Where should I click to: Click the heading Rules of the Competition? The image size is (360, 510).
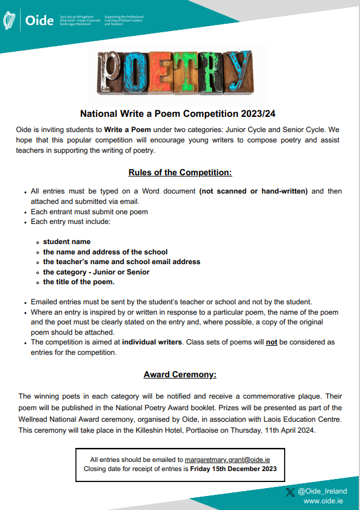180,172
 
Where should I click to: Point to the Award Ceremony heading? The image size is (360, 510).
180,374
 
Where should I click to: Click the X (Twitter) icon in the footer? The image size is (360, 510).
290,491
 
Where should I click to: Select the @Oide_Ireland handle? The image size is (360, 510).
322,491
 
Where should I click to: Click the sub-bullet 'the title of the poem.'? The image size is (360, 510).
78,282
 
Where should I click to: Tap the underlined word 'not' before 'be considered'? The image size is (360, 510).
272,342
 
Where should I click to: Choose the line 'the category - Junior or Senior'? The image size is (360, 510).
96,272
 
